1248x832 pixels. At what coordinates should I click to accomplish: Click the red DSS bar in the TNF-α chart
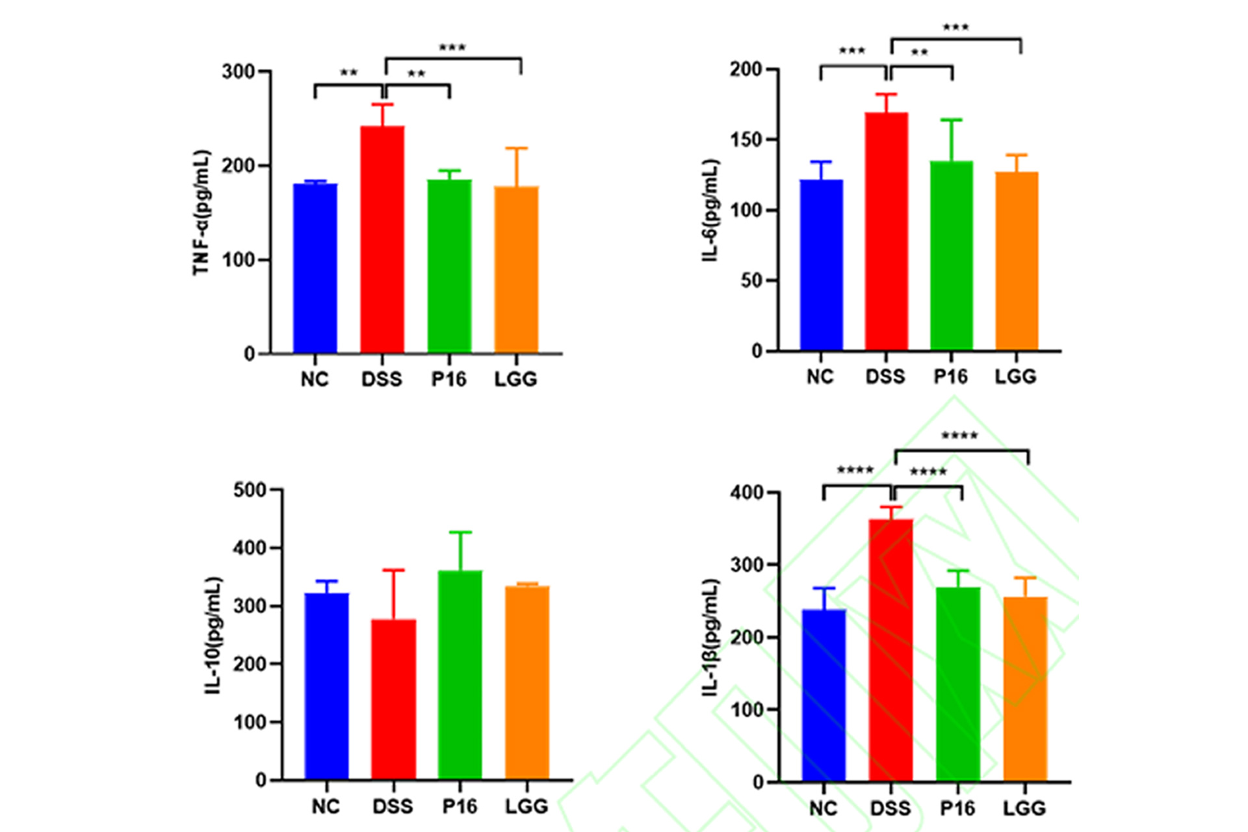[x=382, y=240]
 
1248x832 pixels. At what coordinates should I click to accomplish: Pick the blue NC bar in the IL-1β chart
[x=824, y=695]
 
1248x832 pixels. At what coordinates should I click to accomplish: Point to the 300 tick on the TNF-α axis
[x=238, y=71]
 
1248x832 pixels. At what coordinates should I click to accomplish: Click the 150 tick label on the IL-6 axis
[x=746, y=140]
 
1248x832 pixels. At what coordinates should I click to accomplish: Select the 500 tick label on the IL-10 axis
[x=250, y=490]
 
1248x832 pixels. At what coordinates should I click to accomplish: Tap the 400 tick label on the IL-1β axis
[x=746, y=493]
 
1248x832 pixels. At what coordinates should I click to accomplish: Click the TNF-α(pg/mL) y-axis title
[x=202, y=213]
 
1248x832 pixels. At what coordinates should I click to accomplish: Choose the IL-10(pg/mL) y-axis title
[x=214, y=635]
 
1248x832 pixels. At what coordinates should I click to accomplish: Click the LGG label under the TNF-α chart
[x=515, y=379]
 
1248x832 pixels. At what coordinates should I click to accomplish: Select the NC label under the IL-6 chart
[x=820, y=376]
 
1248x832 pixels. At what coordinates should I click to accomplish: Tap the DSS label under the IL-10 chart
[x=393, y=807]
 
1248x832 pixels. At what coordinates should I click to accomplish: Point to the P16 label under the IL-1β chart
[x=957, y=808]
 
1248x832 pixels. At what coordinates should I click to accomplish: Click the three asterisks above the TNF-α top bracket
[x=452, y=48]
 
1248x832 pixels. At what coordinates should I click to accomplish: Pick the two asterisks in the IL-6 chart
[x=919, y=53]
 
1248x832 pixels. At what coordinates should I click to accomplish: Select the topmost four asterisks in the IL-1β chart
[x=959, y=435]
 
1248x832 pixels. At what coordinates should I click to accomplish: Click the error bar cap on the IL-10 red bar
[x=393, y=570]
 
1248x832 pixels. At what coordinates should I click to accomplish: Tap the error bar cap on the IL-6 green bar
[x=951, y=120]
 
